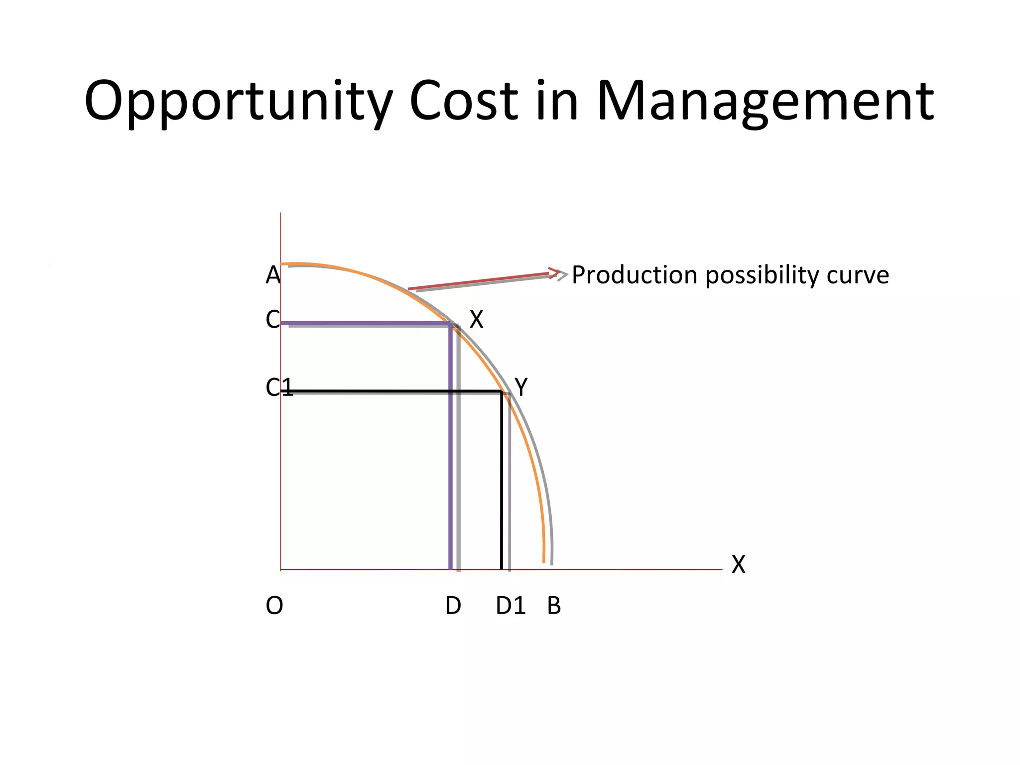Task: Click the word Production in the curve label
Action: click(x=634, y=275)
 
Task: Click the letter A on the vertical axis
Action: click(x=273, y=275)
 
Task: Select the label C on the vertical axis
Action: click(x=272, y=320)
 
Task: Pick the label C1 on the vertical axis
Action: click(x=278, y=387)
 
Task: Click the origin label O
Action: click(x=274, y=606)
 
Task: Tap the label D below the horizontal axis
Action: click(x=453, y=606)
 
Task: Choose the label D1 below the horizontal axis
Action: click(x=510, y=606)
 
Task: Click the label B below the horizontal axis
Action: click(x=554, y=606)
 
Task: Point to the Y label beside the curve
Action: click(x=521, y=387)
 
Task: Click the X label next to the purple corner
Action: click(x=477, y=320)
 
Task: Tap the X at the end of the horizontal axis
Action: click(x=738, y=565)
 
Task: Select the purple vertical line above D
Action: click(x=451, y=448)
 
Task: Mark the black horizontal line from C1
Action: click(x=388, y=391)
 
